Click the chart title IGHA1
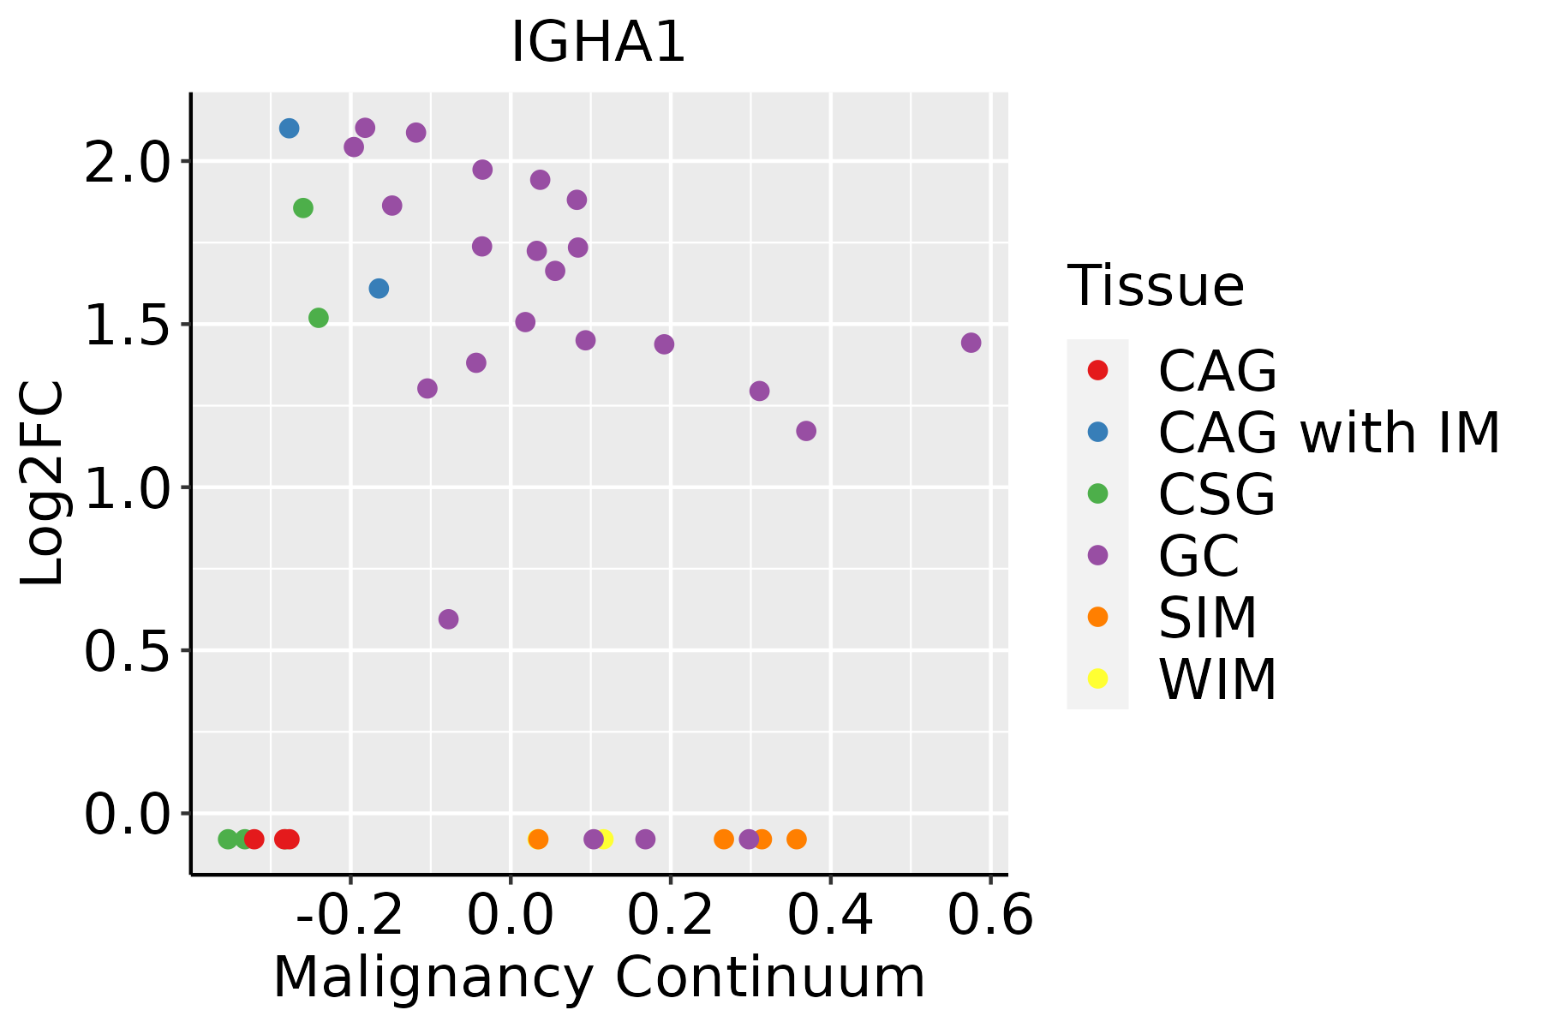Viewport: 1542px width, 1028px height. pos(598,43)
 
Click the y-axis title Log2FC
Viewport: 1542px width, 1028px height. pos(43,484)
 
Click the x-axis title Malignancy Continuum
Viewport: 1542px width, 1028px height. pos(599,977)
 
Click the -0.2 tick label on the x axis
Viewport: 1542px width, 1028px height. pos(350,916)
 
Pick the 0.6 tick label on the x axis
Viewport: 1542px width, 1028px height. pos(990,916)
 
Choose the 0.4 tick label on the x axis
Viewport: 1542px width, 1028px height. pos(830,916)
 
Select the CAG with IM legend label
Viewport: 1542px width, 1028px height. pos(1329,433)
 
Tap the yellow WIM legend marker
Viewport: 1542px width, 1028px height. pos(1097,678)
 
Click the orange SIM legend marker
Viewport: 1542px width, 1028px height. pos(1097,617)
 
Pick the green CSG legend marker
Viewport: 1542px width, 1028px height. pos(1097,493)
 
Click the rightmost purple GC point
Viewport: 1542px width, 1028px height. pos(971,343)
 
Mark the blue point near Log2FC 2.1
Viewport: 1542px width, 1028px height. pos(290,128)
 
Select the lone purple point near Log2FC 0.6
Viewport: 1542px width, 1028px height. pos(448,619)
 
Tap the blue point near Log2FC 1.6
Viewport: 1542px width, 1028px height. pos(379,289)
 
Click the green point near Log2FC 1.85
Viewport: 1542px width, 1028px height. pos(303,208)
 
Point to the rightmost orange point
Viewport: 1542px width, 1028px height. pos(797,839)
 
